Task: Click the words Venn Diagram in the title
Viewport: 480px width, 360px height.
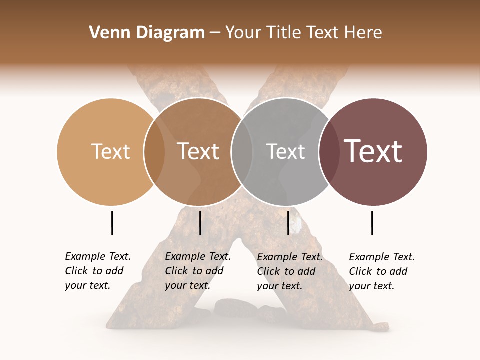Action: click(x=147, y=33)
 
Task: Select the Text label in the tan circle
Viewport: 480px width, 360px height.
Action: click(x=110, y=151)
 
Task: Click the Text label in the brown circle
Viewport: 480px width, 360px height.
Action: click(x=198, y=151)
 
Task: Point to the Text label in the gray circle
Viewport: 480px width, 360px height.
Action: click(x=285, y=151)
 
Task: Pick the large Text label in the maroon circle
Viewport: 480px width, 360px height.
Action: click(x=373, y=151)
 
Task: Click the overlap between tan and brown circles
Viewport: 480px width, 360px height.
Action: click(x=154, y=151)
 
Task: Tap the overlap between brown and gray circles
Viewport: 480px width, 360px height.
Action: click(x=242, y=151)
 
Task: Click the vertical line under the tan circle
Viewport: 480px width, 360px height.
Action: click(x=112, y=223)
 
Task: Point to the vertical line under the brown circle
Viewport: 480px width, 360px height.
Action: click(x=200, y=223)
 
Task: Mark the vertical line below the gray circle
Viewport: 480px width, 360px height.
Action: click(x=288, y=223)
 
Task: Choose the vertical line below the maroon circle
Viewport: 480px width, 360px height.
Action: click(x=372, y=223)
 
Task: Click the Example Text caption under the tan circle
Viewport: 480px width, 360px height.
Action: click(x=97, y=271)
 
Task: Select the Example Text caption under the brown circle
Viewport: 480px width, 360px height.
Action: click(x=197, y=271)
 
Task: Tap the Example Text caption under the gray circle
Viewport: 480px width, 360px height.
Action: click(x=289, y=271)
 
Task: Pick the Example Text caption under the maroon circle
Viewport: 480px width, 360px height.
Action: click(x=381, y=271)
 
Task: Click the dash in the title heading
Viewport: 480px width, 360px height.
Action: click(x=215, y=33)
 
